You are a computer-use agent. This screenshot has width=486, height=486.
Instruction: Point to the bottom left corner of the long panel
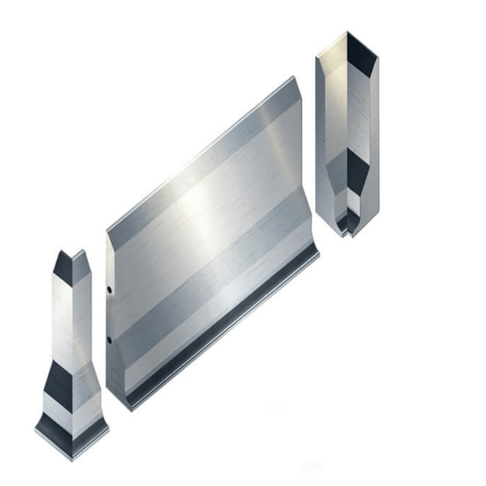pyautogui.click(x=130, y=410)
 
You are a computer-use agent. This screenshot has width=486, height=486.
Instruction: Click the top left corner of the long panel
pyautogui.click(x=107, y=232)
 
